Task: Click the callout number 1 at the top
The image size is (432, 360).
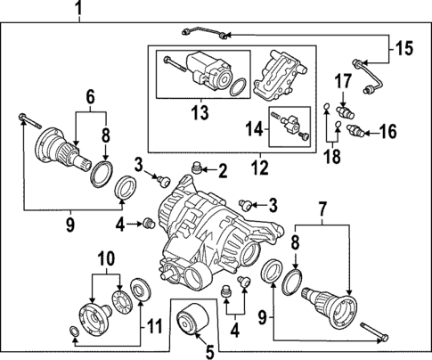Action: [x=77, y=10]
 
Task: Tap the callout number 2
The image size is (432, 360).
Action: [x=223, y=170]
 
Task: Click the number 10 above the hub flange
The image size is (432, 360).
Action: [x=106, y=258]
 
